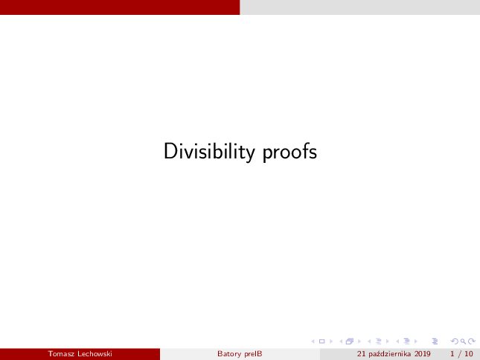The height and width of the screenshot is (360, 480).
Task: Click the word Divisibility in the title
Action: click(209, 152)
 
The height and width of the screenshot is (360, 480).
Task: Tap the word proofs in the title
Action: click(289, 152)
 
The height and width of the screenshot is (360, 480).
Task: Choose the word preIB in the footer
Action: click(254, 354)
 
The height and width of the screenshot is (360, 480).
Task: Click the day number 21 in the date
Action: click(361, 354)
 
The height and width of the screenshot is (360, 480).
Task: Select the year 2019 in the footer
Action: click(423, 354)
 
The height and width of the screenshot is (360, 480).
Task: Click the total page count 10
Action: click(469, 354)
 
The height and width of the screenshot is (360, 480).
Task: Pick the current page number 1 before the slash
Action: click(452, 354)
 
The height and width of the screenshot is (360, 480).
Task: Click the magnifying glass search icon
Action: click(463, 341)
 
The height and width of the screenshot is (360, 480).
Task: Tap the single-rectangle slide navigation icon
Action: click(321, 341)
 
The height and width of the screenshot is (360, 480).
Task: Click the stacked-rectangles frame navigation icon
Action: click(350, 341)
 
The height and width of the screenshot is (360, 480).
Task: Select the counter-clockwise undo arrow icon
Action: click(455, 341)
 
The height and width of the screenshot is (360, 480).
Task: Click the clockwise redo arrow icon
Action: click(472, 341)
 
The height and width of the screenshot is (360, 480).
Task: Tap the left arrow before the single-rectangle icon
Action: click(313, 341)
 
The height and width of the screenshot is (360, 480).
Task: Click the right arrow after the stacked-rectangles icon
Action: click(359, 341)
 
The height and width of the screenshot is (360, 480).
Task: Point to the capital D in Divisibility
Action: click(170, 151)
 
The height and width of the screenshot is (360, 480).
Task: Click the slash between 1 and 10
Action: click(459, 354)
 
